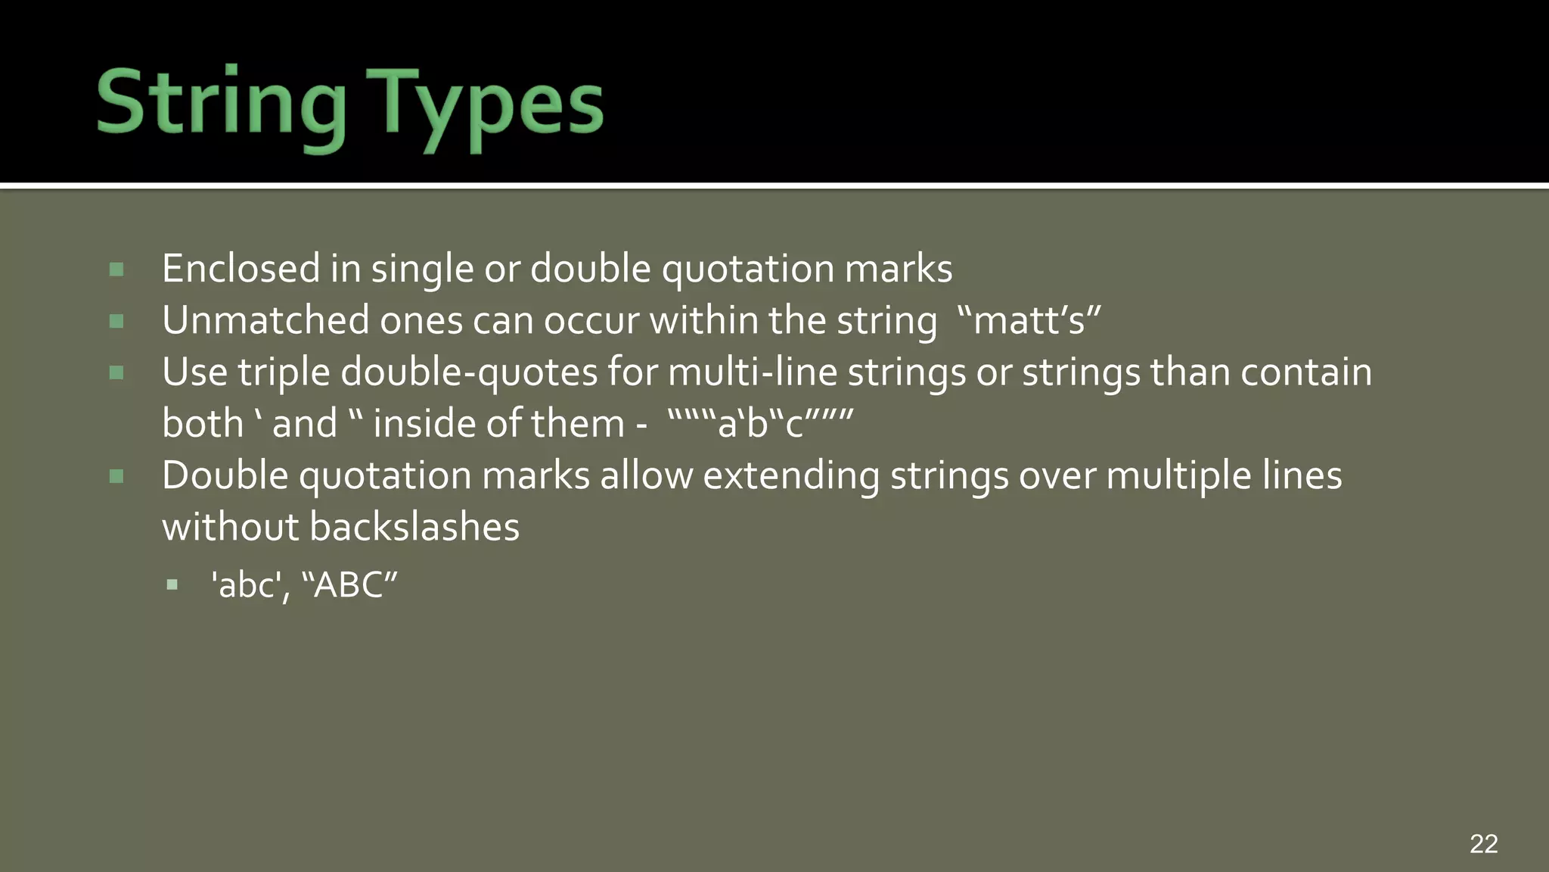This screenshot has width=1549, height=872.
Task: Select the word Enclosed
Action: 241,269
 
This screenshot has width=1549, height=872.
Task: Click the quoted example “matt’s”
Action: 1029,320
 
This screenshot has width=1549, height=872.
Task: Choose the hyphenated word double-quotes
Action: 469,372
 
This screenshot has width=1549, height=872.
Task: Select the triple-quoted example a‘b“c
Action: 760,423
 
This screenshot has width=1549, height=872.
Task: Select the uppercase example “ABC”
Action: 349,585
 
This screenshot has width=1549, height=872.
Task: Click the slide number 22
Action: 1483,844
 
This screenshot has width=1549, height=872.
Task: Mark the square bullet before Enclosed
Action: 116,269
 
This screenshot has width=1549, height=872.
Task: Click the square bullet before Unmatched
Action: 116,321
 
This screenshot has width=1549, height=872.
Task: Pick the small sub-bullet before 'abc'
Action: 172,584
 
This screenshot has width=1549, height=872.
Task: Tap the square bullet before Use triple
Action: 116,372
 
